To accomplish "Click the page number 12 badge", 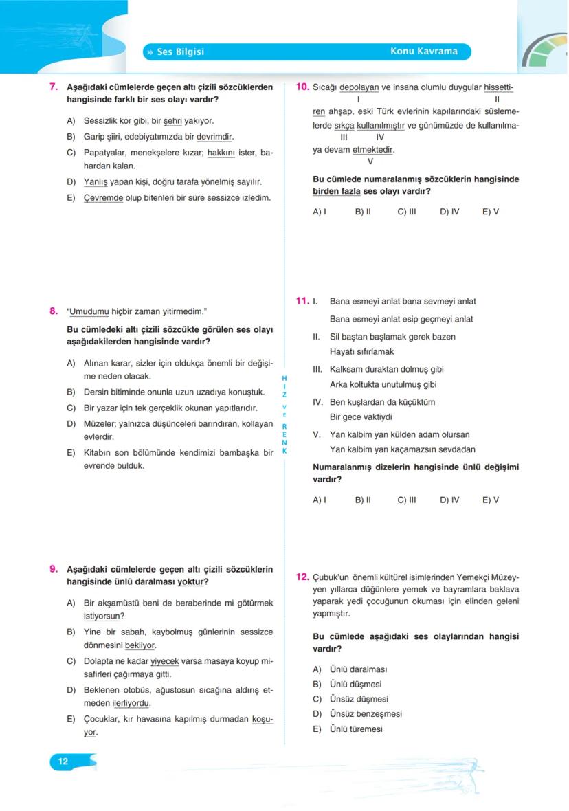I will click(x=63, y=761).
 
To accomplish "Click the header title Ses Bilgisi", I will click(x=180, y=52).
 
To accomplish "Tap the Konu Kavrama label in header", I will click(x=423, y=52).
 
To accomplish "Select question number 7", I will click(x=53, y=87).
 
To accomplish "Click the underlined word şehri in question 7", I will click(x=172, y=120).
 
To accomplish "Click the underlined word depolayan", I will click(x=359, y=87).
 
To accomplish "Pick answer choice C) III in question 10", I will click(x=407, y=212).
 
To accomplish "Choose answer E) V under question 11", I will click(x=491, y=500).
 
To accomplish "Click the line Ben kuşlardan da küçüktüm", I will click(x=382, y=402).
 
